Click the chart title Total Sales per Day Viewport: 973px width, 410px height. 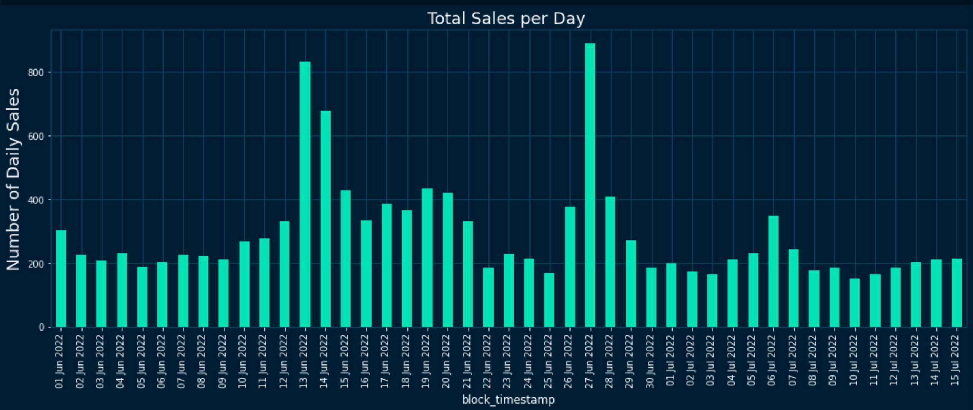(x=506, y=19)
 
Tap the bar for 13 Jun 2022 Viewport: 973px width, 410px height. (x=305, y=194)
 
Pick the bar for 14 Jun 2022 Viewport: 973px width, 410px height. (x=326, y=219)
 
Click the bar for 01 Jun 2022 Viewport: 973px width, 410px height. (x=61, y=278)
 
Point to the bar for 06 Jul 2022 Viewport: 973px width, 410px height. (x=773, y=271)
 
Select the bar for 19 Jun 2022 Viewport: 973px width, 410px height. (x=427, y=257)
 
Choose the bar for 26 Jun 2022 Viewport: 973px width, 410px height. (x=570, y=267)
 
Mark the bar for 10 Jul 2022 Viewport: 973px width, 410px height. (x=855, y=303)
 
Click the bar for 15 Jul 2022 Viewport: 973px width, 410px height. (x=957, y=292)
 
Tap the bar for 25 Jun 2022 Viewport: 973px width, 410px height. (x=549, y=300)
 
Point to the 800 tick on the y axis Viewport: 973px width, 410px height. (x=35, y=72)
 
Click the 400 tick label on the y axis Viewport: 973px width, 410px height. (x=35, y=200)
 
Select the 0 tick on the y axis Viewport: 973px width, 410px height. (x=41, y=327)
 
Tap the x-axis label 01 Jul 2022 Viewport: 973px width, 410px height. (x=670, y=362)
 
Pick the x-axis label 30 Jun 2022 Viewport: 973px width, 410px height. (x=650, y=362)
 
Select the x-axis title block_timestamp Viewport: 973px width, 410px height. (x=508, y=400)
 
